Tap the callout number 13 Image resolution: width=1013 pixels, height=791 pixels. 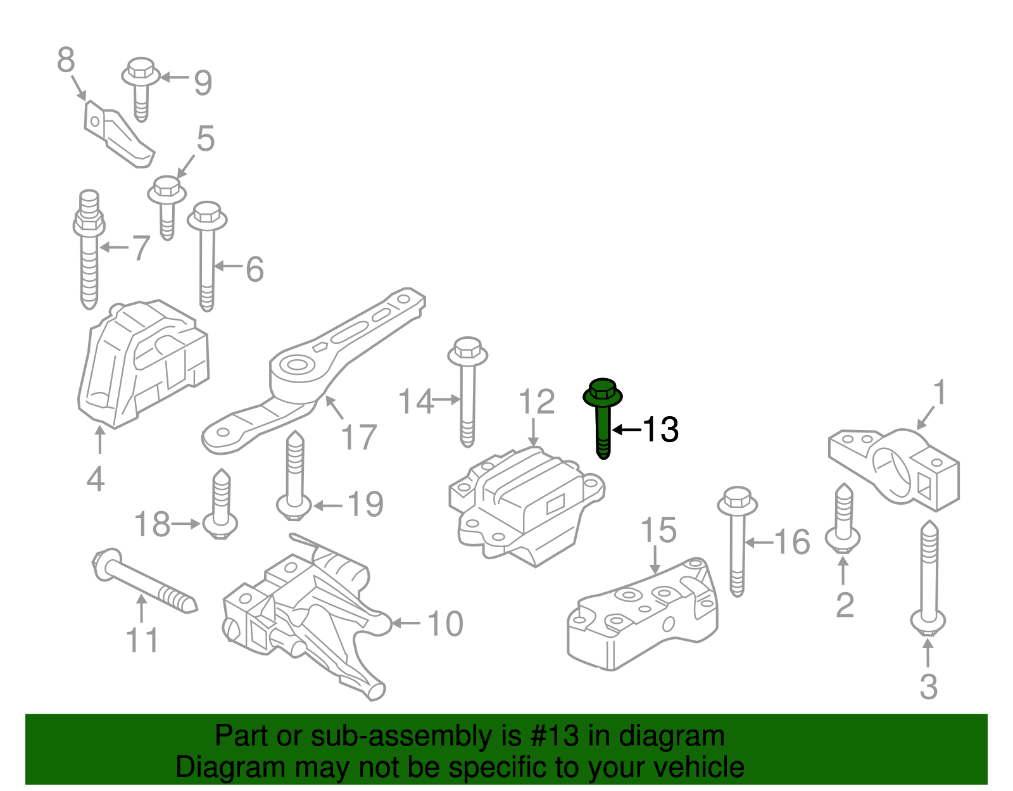[660, 429]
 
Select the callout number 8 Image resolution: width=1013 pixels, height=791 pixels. [66, 61]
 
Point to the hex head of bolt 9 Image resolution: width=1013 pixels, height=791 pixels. [141, 68]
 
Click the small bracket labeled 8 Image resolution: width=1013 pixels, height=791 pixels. [117, 136]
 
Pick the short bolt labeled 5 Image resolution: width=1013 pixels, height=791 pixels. [167, 205]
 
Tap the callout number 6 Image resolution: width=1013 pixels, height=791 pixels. [255, 270]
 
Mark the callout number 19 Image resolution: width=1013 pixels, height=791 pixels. [365, 504]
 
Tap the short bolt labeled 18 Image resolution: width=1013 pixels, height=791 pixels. [220, 506]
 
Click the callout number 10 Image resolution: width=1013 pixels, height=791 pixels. [446, 624]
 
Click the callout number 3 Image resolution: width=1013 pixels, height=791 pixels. [928, 687]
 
